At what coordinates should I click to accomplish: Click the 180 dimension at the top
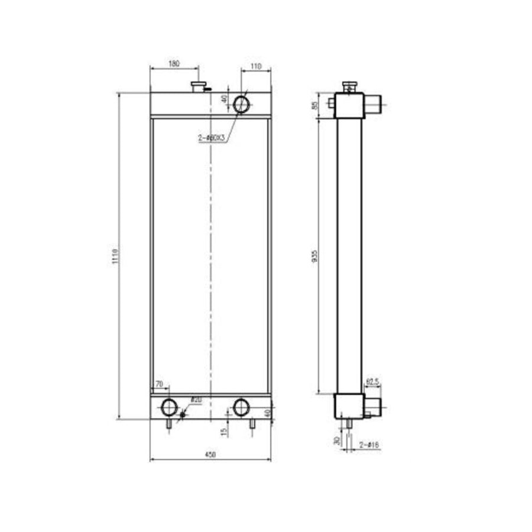click(x=174, y=64)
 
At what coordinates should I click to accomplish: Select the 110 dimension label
click(x=256, y=66)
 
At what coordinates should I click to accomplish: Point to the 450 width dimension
click(x=210, y=455)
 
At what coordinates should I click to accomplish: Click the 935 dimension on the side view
click(x=315, y=255)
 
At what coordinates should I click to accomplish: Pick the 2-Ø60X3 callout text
click(x=212, y=138)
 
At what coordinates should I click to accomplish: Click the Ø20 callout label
click(x=196, y=400)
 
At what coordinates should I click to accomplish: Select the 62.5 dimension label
click(x=372, y=382)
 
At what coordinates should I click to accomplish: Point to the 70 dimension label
click(x=158, y=385)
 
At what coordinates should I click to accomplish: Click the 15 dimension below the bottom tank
click(x=223, y=432)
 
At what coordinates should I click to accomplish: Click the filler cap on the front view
click(x=198, y=87)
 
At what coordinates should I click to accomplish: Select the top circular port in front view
click(x=242, y=104)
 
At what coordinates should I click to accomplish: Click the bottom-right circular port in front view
click(x=241, y=407)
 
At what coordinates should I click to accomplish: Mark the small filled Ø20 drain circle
click(x=182, y=413)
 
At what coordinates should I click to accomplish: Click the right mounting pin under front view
click(x=252, y=423)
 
